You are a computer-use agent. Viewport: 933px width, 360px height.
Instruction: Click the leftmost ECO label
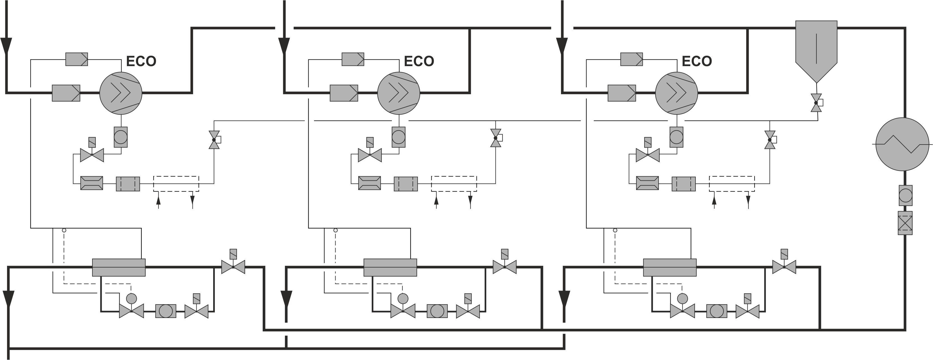(x=141, y=61)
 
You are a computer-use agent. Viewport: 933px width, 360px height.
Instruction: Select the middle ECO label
(x=419, y=61)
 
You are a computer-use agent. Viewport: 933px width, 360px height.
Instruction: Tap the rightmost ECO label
(x=697, y=61)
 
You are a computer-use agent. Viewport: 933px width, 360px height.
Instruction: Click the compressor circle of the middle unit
(x=398, y=93)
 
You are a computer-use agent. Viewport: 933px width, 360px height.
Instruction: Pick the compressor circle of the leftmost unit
(x=121, y=93)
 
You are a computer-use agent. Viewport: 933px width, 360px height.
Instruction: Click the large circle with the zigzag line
(x=902, y=144)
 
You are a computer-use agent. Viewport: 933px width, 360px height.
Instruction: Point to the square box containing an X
(x=905, y=223)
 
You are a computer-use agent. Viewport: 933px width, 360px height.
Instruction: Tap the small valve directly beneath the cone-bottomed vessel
(x=816, y=103)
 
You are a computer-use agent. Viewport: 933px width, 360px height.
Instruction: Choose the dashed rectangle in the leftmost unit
(x=176, y=184)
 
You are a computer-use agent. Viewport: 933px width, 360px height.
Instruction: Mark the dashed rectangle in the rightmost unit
(x=732, y=184)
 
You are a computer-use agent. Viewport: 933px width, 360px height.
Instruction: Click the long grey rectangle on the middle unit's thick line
(x=390, y=267)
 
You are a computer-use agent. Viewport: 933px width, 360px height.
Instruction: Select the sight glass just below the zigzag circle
(x=905, y=195)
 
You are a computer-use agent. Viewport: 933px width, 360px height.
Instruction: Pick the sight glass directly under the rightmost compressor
(x=676, y=137)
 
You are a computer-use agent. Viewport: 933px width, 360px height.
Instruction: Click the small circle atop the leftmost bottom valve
(x=131, y=298)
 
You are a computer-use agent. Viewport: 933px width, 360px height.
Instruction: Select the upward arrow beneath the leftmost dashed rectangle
(x=158, y=201)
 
